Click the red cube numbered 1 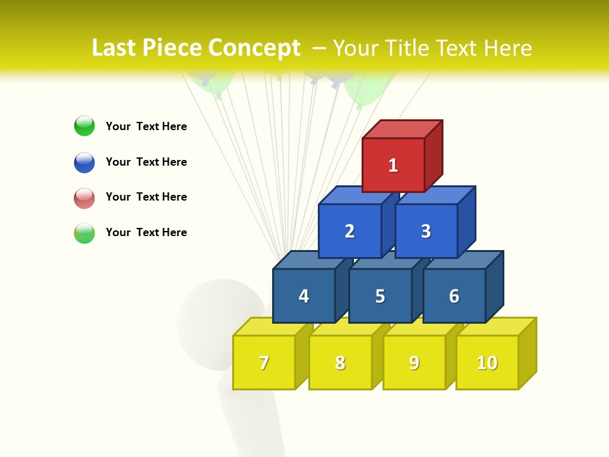click(x=393, y=165)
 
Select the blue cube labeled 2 click(x=350, y=231)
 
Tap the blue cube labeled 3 click(x=426, y=231)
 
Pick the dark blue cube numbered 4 click(x=304, y=296)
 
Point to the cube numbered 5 click(x=380, y=296)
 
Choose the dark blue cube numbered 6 click(x=454, y=296)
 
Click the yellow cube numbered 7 click(x=264, y=362)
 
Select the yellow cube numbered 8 click(x=340, y=362)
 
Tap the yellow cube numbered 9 click(x=414, y=362)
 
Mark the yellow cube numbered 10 click(x=487, y=362)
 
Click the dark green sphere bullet click(x=84, y=126)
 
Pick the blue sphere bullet click(x=84, y=162)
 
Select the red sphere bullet click(x=84, y=197)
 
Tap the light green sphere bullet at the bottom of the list click(x=84, y=232)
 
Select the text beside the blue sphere click(x=147, y=162)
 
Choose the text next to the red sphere click(x=147, y=197)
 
